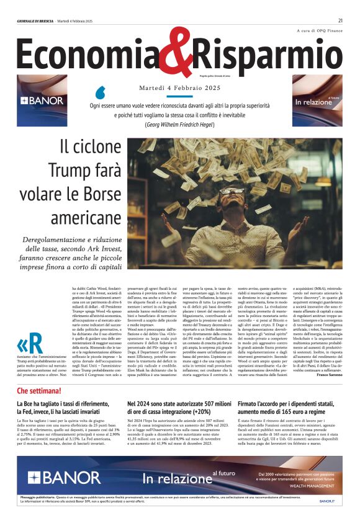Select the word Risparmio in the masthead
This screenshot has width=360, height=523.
267,55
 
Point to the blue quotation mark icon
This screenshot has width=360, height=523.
100,93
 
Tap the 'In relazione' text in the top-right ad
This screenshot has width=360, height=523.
314,102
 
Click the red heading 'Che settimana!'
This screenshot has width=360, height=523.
39,391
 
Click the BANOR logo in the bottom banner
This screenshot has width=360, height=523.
55,477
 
